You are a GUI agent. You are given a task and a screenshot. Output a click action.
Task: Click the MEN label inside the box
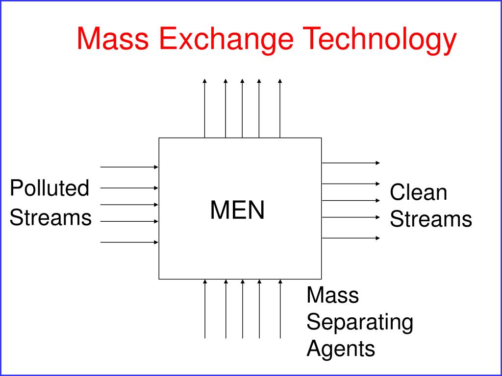pos(238,210)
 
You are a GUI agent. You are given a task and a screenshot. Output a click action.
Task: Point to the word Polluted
pos(50,188)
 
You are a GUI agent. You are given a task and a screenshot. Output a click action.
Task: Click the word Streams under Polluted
pos(50,217)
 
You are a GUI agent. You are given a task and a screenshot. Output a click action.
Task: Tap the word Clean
pos(419,192)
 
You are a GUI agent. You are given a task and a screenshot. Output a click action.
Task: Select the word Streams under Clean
pos(431,219)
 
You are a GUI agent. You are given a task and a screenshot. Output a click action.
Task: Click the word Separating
pos(360,322)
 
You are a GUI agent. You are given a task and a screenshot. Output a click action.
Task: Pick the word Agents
pos(341,349)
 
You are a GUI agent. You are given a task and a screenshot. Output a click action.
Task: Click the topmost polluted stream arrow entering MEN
pos(129,167)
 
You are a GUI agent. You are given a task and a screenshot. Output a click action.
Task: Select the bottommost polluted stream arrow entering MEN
pos(129,242)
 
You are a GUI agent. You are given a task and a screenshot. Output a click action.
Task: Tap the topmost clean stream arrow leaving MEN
pos(351,163)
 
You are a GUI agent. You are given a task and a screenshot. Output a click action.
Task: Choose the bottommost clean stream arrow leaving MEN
pos(351,238)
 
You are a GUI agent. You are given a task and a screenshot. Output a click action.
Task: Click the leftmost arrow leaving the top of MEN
pos(205,108)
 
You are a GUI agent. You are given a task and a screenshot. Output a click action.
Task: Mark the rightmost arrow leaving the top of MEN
pos(280,108)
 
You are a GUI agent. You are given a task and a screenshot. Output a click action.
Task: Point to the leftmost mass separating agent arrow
pos(205,308)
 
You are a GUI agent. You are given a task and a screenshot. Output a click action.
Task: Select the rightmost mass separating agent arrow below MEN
pos(280,308)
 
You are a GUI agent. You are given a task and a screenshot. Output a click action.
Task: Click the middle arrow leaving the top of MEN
pos(242,108)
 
